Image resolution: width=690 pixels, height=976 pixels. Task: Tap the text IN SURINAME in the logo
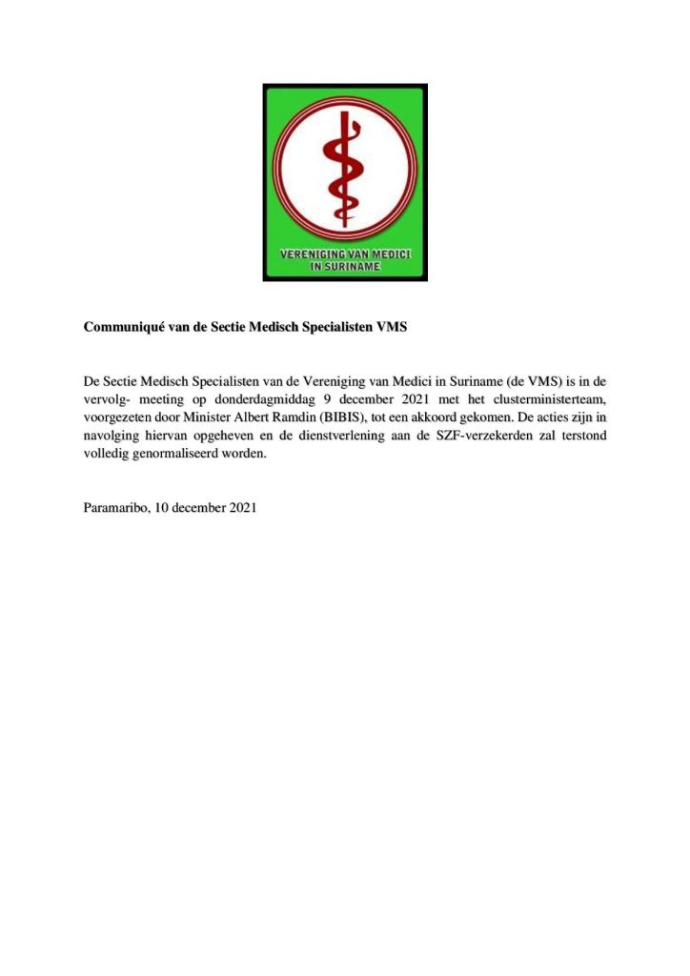(345, 268)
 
